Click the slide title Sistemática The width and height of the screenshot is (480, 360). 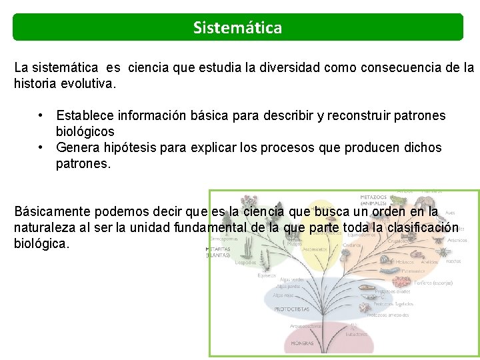point(237,28)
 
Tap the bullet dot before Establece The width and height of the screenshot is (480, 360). point(42,116)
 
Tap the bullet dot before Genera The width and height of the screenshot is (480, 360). point(42,147)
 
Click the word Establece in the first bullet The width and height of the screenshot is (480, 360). point(85,116)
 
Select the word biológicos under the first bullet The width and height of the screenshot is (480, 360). point(85,132)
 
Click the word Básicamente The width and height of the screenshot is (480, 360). point(53,212)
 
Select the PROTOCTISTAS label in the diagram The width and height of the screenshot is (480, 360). point(291,309)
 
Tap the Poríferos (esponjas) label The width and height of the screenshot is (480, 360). point(431,283)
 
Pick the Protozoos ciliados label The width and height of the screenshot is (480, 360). point(392,291)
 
